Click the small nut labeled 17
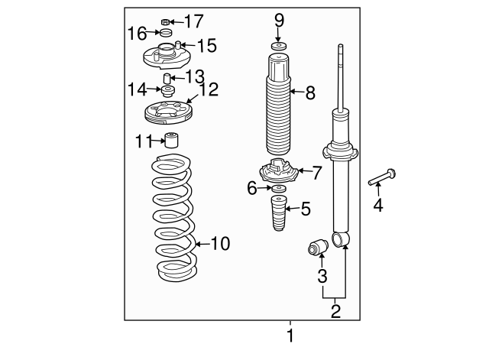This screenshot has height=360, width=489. pos(166,22)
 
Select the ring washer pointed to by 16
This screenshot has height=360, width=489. pos(166,32)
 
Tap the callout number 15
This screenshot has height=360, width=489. pos(207,46)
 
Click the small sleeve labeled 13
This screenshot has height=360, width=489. pos(167,78)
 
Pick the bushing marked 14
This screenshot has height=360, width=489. pos(168,91)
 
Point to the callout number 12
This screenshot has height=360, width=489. pos(209,89)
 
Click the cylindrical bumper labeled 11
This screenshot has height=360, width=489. pos(171,140)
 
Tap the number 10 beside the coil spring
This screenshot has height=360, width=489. pos(221,244)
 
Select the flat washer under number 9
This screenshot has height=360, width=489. pos(278,47)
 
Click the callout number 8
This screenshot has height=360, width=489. pos(310,92)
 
